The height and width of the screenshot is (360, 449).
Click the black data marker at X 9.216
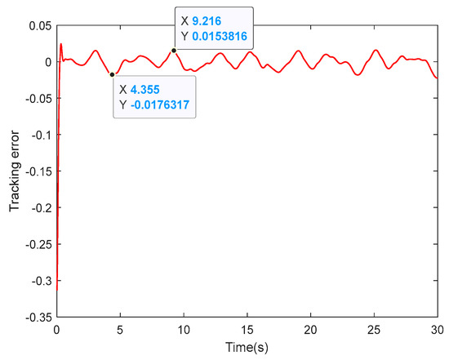(174, 50)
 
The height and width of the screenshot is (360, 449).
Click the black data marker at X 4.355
(112, 74)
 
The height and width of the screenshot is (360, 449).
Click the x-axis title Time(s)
(247, 349)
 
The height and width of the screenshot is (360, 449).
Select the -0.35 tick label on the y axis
(37, 316)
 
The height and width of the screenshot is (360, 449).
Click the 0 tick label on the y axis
(47, 61)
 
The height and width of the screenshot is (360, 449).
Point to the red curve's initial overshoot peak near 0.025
(61, 44)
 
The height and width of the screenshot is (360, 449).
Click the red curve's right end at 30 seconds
(438, 78)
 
